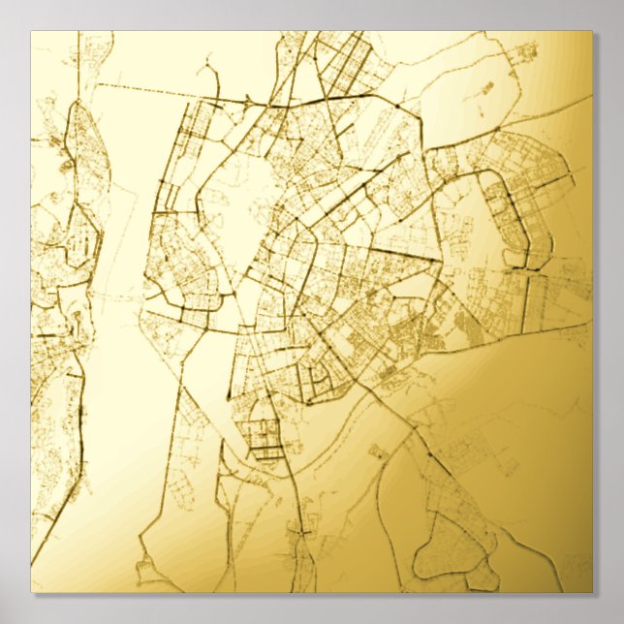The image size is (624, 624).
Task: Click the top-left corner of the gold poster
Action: coord(31,32)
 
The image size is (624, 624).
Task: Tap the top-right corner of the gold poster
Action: coord(592,32)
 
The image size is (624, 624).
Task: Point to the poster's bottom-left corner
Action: coord(31,592)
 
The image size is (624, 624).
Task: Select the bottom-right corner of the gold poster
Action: coord(592,592)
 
